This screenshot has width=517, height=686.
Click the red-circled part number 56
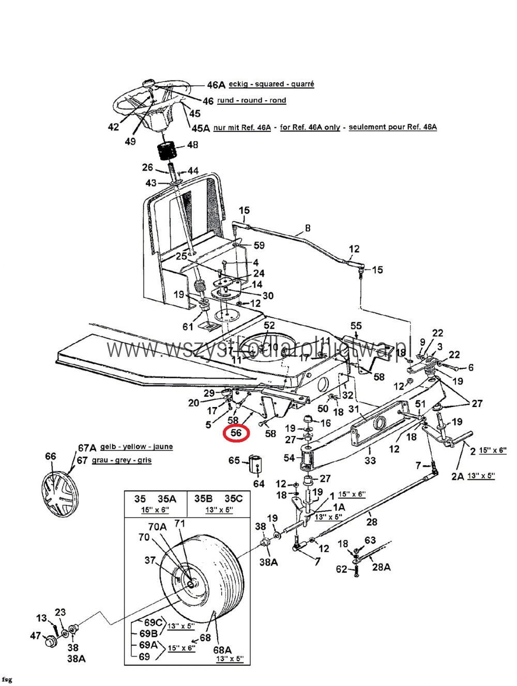coord(236,433)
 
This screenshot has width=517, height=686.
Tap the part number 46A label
coord(216,85)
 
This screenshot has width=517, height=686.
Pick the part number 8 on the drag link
coord(308,228)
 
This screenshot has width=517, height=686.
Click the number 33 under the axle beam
coord(370,460)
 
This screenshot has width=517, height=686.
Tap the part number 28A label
coord(381,567)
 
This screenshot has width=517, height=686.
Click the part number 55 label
coord(356,326)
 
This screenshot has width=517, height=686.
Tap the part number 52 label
coord(269,325)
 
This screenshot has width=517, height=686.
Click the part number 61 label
coord(188,326)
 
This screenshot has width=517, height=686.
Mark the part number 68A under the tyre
coord(222,650)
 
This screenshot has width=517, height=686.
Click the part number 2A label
coord(458,476)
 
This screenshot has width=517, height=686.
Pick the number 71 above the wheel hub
coord(179,523)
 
